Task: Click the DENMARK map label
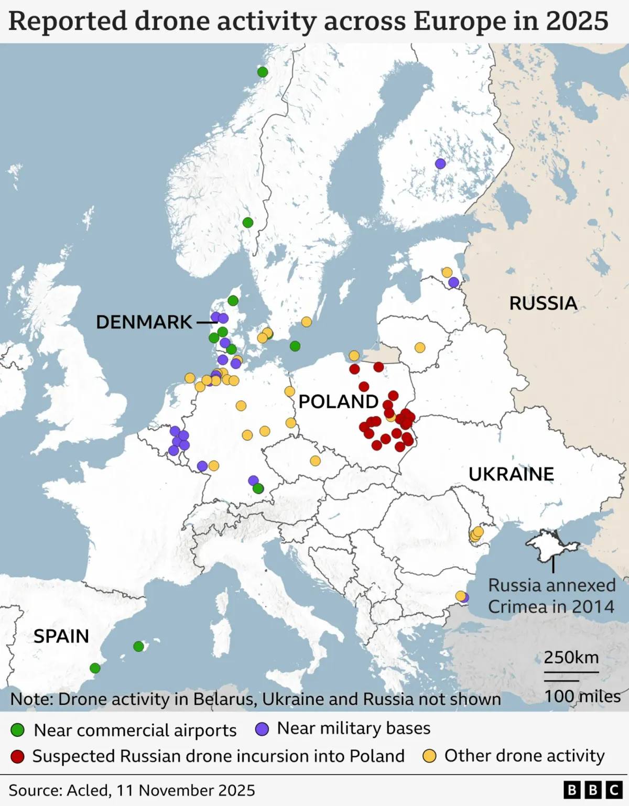coord(144,322)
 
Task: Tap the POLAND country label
coord(338,401)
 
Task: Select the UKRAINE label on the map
coord(511,474)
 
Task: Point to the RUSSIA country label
coord(543,303)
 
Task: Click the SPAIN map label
coord(61,636)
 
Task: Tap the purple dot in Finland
coord(440,164)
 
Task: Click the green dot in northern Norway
coord(263,72)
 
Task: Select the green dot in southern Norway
coord(248,223)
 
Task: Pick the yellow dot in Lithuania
coord(420,347)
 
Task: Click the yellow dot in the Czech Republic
coord(315,461)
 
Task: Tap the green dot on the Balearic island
coord(138,646)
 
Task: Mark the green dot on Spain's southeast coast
coord(95,668)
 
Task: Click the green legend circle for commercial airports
coord(18,729)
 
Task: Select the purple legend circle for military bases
coord(262,729)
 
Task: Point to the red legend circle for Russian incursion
coord(18,756)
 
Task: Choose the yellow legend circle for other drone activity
coord(430,756)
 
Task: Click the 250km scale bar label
coord(571,657)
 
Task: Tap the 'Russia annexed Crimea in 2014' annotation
coord(551,596)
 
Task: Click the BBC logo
coord(593,790)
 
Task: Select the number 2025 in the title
coord(577,21)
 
